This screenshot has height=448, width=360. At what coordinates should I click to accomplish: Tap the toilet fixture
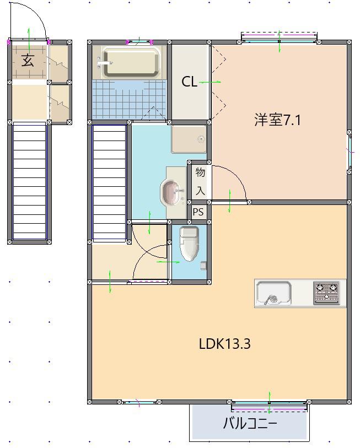[x=189, y=244]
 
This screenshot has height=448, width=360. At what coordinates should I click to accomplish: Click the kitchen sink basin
[x=273, y=293]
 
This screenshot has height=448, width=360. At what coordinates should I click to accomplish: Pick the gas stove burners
[x=326, y=293]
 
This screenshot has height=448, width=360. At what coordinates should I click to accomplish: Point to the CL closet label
[x=189, y=82]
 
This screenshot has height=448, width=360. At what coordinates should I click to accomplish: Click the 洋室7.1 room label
[x=277, y=120]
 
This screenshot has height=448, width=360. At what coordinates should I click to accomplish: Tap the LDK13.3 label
[x=225, y=344]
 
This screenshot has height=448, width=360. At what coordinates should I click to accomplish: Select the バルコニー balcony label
[x=250, y=423]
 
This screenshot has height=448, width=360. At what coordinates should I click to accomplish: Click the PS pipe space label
[x=198, y=212]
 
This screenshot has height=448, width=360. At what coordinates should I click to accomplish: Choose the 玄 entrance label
[x=28, y=60]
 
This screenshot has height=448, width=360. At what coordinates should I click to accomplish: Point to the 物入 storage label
[x=200, y=181]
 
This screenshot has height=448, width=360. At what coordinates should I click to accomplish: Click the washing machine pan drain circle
[x=202, y=139]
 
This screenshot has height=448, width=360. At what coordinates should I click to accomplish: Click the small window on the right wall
[x=350, y=152]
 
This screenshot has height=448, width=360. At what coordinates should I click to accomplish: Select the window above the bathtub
[x=139, y=42]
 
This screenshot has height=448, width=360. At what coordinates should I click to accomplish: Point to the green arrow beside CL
[x=210, y=82]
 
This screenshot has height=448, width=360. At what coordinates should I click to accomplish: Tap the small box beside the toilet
[x=203, y=266]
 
